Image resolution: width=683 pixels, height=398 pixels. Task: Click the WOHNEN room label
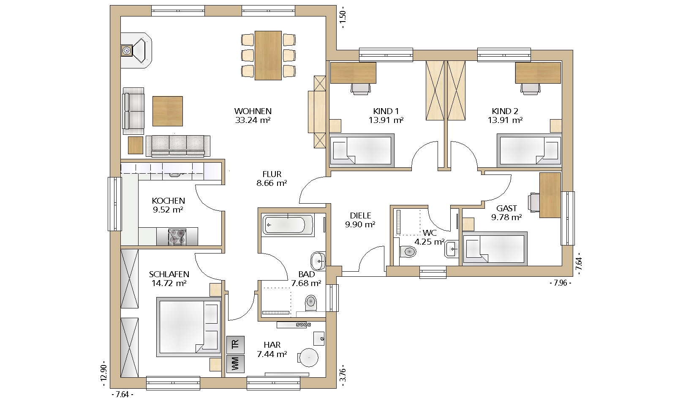tap(253, 111)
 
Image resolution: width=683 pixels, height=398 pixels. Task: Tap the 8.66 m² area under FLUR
tap(272, 183)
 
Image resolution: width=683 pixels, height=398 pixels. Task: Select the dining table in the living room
tap(268, 55)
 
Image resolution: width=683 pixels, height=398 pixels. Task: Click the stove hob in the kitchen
tap(177, 237)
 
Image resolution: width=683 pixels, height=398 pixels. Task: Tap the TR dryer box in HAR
tap(235, 345)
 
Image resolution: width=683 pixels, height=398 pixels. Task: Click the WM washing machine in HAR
tap(235, 364)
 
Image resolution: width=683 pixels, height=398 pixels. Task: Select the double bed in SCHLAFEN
tap(189, 327)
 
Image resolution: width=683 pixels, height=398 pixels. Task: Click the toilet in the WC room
tap(407, 252)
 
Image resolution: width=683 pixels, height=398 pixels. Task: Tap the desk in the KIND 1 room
tap(353, 73)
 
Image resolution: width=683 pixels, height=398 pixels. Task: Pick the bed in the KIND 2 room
tap(529, 150)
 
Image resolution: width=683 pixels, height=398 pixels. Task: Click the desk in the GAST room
tap(550, 195)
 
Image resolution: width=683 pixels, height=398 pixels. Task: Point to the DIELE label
tap(360, 215)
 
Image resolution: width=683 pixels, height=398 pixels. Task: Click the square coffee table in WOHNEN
tap(168, 111)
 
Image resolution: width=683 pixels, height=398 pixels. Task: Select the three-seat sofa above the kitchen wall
tap(178, 146)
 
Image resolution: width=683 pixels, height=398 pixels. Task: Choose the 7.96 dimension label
tap(561, 283)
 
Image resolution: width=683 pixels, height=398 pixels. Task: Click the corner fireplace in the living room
tap(136, 50)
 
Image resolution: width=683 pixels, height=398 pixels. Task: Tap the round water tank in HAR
tap(308, 357)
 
